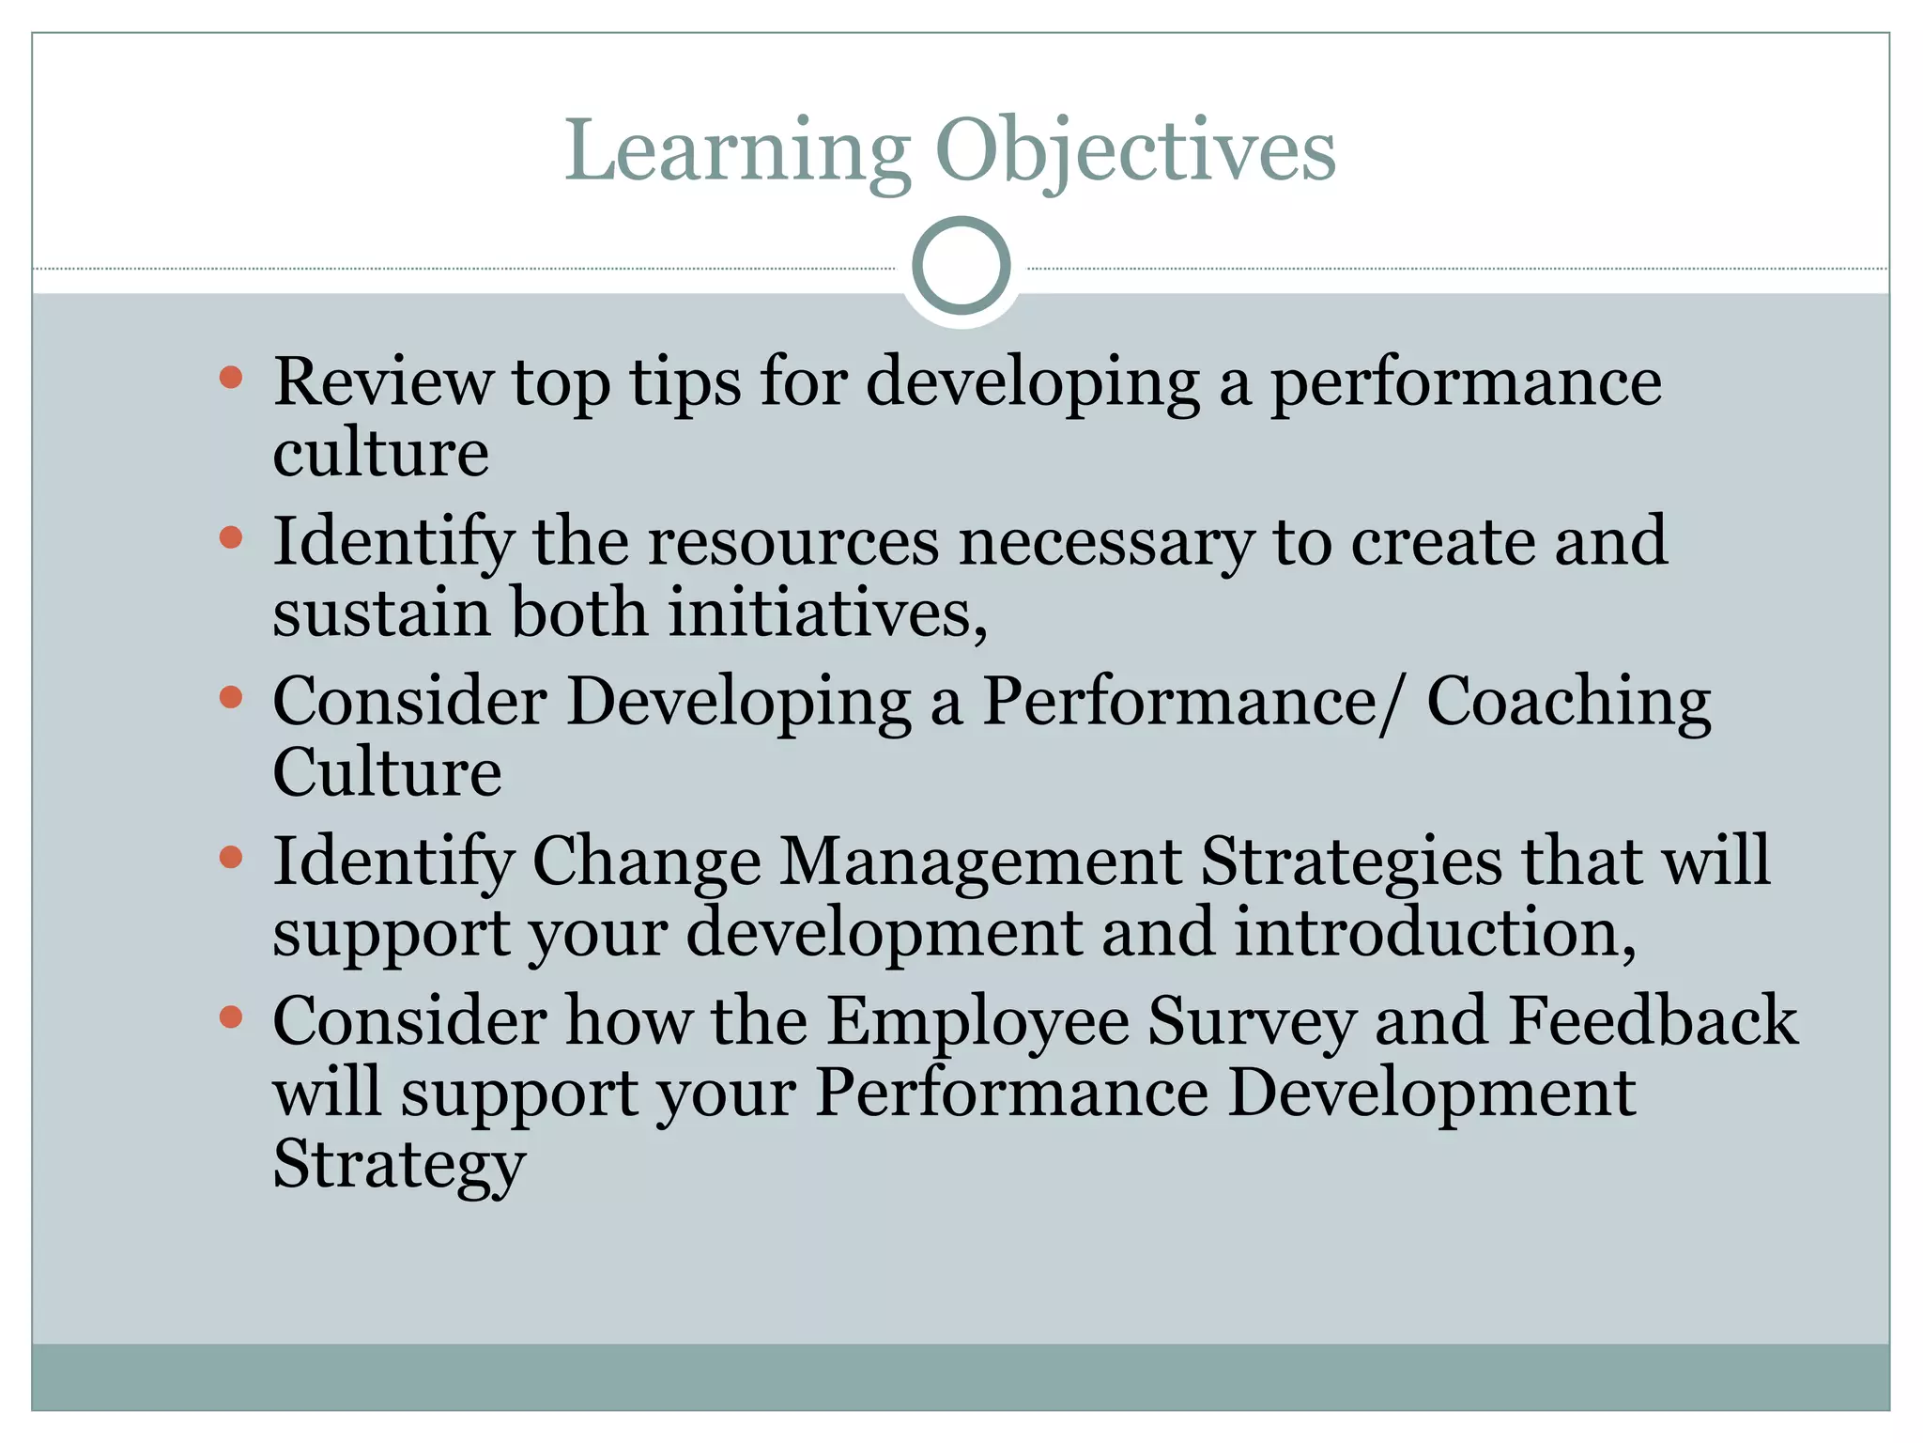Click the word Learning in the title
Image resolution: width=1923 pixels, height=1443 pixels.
(737, 152)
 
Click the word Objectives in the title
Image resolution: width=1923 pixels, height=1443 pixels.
(1134, 152)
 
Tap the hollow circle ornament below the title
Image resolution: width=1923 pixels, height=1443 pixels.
(961, 266)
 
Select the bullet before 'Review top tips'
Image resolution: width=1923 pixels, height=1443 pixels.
(231, 378)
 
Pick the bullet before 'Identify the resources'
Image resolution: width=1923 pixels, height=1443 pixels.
(231, 537)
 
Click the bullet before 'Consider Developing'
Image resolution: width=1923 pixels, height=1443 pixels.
(231, 697)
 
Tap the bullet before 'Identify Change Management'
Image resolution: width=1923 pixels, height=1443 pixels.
(231, 857)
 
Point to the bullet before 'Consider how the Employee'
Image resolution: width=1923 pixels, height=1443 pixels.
(231, 1016)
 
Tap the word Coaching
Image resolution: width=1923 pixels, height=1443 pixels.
(1568, 704)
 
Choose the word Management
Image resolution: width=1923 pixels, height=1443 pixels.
(980, 862)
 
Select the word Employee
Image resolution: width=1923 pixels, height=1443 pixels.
(977, 1022)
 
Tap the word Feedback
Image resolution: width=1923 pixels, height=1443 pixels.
(1652, 1022)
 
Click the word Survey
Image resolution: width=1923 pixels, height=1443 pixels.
(1252, 1022)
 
